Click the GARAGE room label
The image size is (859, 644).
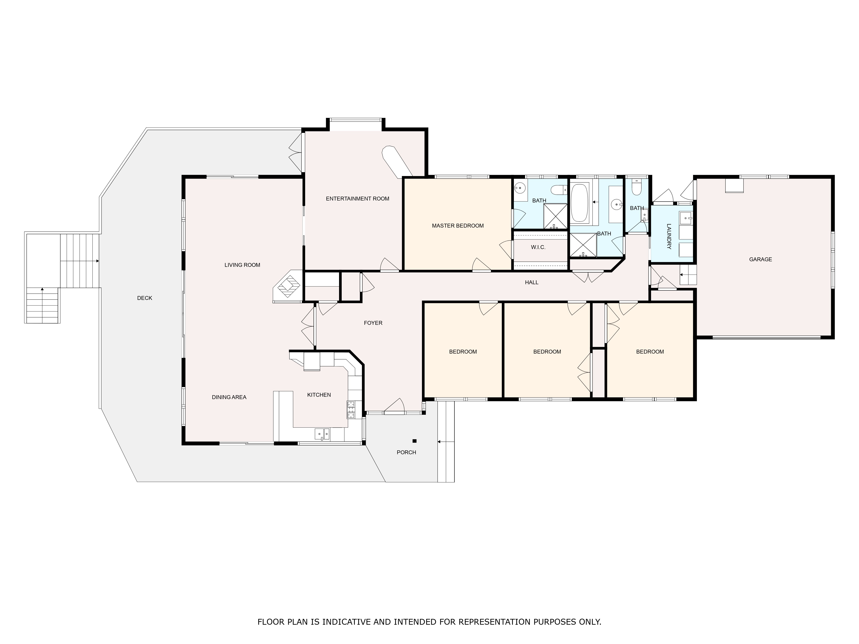coord(760,259)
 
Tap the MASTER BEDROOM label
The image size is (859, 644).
coord(458,226)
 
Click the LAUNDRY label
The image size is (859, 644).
coord(669,236)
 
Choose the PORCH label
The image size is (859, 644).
coord(406,452)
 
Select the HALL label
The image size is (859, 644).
coord(532,283)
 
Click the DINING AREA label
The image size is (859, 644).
coord(229,397)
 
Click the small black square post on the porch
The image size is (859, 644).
coord(414,441)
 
